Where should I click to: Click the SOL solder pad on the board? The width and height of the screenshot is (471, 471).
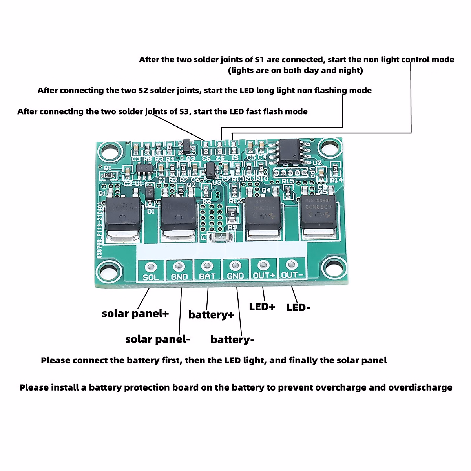tap(151, 267)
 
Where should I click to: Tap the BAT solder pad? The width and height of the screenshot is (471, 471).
tap(207, 267)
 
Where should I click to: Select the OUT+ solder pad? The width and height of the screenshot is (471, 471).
tap(263, 265)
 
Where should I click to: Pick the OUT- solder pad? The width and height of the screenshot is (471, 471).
tap(291, 265)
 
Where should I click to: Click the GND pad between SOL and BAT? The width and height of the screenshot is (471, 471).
tap(179, 267)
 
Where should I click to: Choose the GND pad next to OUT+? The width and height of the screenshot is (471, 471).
tap(235, 266)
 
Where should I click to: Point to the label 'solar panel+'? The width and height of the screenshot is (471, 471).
tap(135, 314)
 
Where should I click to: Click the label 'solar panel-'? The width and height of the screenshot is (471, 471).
tap(157, 340)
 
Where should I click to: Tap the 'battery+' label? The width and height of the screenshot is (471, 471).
tap(211, 315)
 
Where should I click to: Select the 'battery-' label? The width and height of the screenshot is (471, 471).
tap(232, 340)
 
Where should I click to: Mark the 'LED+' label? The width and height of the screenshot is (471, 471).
tap(262, 307)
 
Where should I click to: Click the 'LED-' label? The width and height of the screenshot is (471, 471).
tap(298, 308)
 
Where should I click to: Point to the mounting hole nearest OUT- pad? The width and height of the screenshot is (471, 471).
tap(334, 268)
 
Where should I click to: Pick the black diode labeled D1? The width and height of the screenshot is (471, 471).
tap(150, 194)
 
